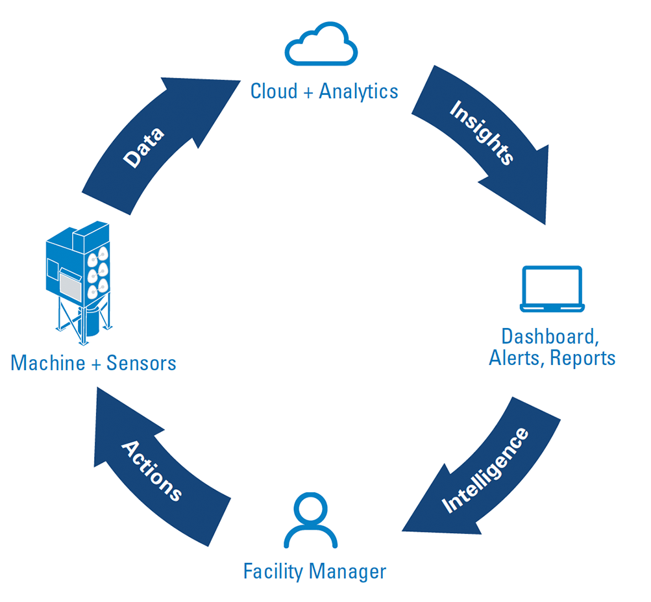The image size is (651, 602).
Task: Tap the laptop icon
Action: point(552,289)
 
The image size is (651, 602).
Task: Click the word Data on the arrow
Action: point(144,148)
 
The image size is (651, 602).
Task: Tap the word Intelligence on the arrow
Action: point(485,470)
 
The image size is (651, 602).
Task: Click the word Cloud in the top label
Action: point(274,91)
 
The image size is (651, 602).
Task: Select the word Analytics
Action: point(358,91)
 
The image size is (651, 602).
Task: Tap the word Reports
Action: point(583,358)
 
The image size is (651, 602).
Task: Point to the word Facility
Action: point(273,571)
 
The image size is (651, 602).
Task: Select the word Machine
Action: point(48,362)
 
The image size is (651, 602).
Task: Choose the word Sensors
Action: point(141,362)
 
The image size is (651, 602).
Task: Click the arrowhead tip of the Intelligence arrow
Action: point(404,529)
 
